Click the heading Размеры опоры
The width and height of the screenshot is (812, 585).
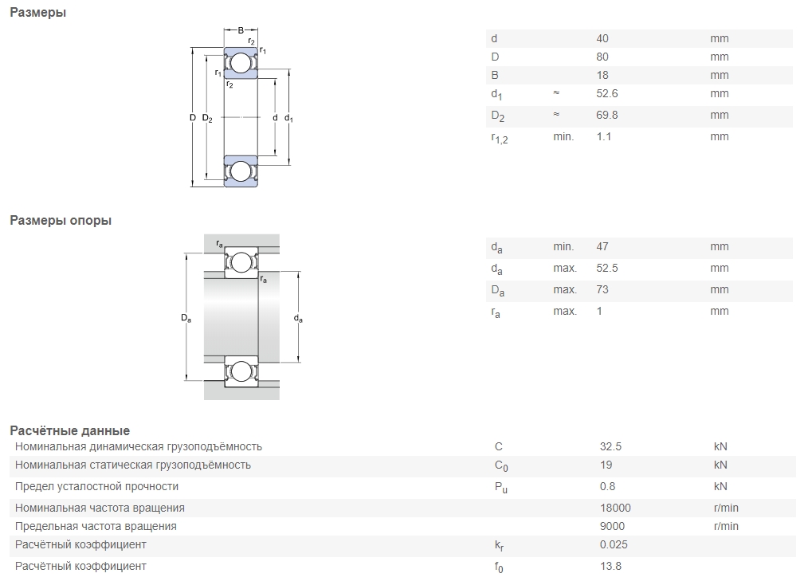[x=61, y=220]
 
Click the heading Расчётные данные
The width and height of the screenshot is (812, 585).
[x=70, y=430]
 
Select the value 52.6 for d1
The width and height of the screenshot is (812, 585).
[x=607, y=93]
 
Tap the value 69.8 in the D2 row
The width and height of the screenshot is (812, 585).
[x=607, y=115]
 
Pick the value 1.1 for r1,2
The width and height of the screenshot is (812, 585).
[x=604, y=136]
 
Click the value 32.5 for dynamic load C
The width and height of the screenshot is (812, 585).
[x=610, y=446]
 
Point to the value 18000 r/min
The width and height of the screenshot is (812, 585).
[x=615, y=508]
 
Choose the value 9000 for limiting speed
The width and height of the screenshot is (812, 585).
[x=612, y=526]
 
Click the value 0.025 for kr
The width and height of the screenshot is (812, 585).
[x=614, y=544]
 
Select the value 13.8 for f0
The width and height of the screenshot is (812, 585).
[x=610, y=566]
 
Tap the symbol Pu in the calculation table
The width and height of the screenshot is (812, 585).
[x=500, y=487]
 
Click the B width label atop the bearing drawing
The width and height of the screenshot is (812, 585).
[x=241, y=30]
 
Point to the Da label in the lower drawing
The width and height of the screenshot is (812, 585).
[x=186, y=318]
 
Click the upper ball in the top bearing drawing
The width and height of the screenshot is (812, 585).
[x=241, y=63]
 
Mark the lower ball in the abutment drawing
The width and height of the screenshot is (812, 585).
[x=241, y=371]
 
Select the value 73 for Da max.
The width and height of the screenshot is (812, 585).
[x=602, y=289]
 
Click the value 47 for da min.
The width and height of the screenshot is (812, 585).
[x=602, y=246]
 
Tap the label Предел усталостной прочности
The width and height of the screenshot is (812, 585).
[x=97, y=486]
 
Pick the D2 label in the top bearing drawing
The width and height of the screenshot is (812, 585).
[x=207, y=118]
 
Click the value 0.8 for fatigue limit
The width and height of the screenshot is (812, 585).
[x=607, y=486]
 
